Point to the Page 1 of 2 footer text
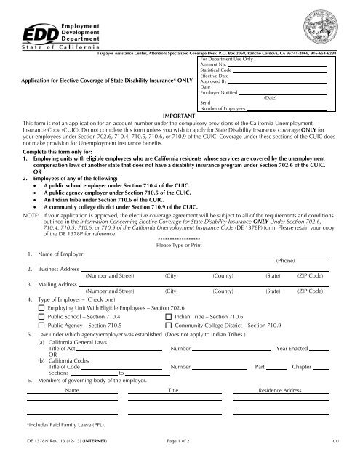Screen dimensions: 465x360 (x=183, y=453)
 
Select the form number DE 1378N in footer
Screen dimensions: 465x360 (x=42, y=453)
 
